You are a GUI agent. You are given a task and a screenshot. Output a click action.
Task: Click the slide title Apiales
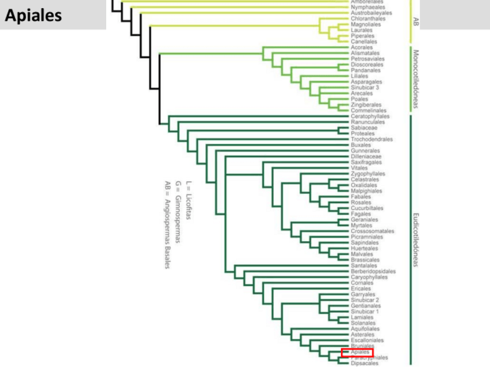tap(34, 16)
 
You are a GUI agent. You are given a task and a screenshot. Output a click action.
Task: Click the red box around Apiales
tap(357, 352)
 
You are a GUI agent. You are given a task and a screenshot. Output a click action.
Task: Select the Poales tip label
tap(359, 99)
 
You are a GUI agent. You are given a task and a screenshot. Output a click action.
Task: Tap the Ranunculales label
tap(367, 122)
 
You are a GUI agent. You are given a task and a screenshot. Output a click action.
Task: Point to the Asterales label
tap(362, 335)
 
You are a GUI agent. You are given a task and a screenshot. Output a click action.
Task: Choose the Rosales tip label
tap(361, 203)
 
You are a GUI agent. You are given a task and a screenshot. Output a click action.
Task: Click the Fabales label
tap(361, 197)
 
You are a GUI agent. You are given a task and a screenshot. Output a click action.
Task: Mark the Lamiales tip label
tap(362, 317)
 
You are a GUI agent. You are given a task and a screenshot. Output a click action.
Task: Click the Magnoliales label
tap(365, 24)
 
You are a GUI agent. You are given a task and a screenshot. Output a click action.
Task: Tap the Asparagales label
tap(365, 82)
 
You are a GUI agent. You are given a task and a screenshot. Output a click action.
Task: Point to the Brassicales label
tap(365, 260)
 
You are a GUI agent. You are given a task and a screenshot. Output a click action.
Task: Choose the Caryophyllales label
tap(369, 277)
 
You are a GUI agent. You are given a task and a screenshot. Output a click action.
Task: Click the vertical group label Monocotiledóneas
tap(415, 78)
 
